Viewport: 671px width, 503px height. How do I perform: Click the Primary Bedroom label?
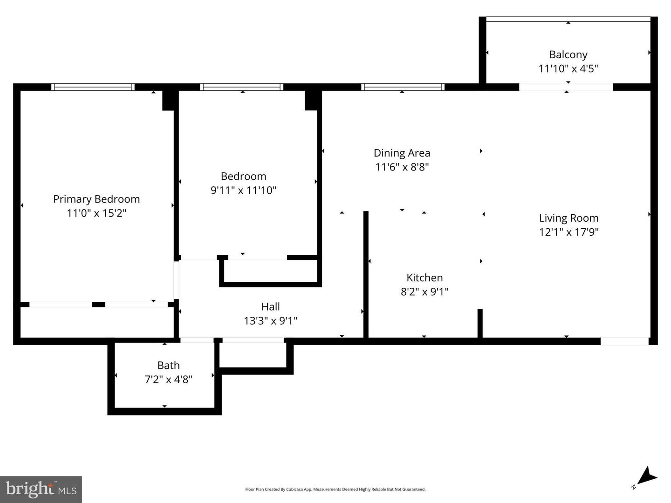coord(96,199)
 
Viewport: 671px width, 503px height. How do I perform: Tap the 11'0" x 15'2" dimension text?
coord(96,213)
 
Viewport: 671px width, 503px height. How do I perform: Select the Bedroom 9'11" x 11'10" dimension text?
coord(243,190)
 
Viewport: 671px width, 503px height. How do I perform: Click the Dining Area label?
coord(402,153)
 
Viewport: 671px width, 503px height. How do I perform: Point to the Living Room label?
coord(568,218)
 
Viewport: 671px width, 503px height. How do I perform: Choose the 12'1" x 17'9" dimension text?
coord(568,232)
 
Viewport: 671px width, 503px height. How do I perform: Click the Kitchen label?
coord(425,278)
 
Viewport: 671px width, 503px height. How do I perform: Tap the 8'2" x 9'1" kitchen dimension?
coord(425,292)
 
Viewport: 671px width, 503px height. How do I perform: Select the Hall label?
coord(270,306)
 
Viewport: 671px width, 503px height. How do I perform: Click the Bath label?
coord(168,366)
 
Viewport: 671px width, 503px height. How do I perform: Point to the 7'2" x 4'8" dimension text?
coord(168,380)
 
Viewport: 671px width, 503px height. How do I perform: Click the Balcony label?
coord(568,54)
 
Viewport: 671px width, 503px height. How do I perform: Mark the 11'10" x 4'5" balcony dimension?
coord(568,69)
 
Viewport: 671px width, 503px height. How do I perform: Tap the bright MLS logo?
coord(41,489)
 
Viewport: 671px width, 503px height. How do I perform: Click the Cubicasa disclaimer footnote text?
coord(335,489)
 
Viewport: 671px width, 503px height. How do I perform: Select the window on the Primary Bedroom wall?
coord(93,87)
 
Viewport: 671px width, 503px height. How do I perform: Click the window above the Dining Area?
coord(403,87)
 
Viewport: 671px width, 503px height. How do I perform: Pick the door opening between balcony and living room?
coord(566,87)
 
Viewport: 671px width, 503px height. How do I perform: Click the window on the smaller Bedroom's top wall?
coord(241,87)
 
